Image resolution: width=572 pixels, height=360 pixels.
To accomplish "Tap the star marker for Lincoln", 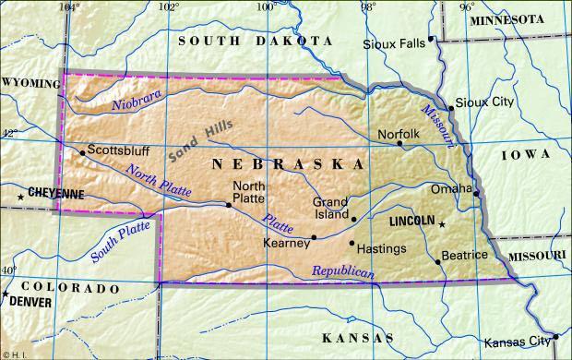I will [441, 224].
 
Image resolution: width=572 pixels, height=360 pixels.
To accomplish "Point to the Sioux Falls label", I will [395, 43].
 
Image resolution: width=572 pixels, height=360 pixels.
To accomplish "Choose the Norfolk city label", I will [399, 134].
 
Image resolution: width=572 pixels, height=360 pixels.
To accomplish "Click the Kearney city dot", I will [314, 237].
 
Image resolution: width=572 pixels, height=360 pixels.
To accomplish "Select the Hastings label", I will [381, 248].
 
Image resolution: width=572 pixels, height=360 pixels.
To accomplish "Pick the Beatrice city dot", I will [439, 261].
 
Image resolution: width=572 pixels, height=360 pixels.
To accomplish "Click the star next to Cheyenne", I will [20, 197].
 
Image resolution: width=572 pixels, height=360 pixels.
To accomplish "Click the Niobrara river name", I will [137, 100].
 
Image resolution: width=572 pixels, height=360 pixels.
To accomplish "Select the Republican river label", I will [342, 272].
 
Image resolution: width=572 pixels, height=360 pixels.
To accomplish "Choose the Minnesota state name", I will [518, 19].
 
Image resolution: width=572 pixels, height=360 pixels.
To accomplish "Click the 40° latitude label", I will [8, 270].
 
